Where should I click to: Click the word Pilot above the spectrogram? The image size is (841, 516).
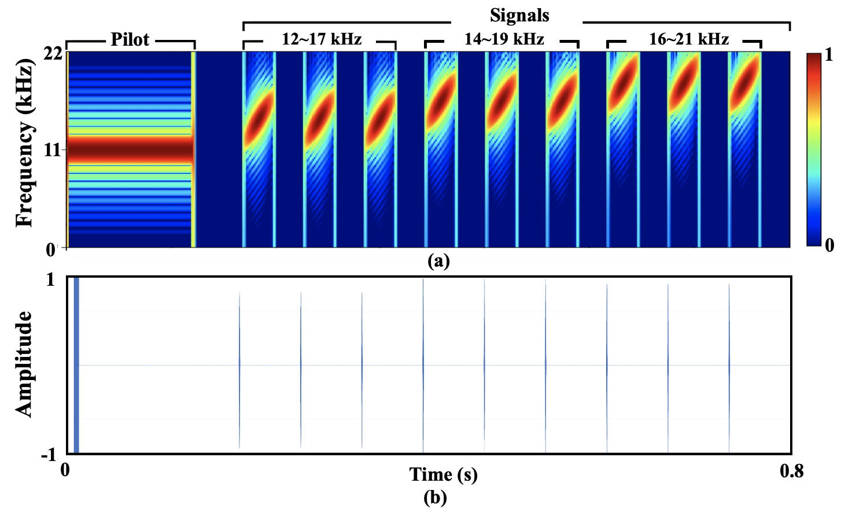point(130,39)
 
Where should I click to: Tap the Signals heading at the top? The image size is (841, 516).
point(519,16)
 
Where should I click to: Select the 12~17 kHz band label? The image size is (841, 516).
point(322,39)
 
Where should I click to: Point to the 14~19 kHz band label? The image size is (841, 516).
point(504,39)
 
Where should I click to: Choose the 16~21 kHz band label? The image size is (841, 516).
point(689,39)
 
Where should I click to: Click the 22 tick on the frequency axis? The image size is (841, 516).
point(54,55)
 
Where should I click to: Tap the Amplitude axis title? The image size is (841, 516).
point(23,364)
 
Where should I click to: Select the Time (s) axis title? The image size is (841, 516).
point(444,474)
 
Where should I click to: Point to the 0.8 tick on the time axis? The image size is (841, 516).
point(791,471)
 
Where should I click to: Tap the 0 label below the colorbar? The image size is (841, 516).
point(829,246)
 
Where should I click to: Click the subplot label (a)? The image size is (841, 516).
point(438,261)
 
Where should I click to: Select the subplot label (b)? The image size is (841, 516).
point(435,498)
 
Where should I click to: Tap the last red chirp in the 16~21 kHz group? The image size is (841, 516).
point(744,80)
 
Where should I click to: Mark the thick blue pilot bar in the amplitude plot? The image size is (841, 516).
point(76,365)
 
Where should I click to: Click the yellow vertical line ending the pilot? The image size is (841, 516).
point(193,149)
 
